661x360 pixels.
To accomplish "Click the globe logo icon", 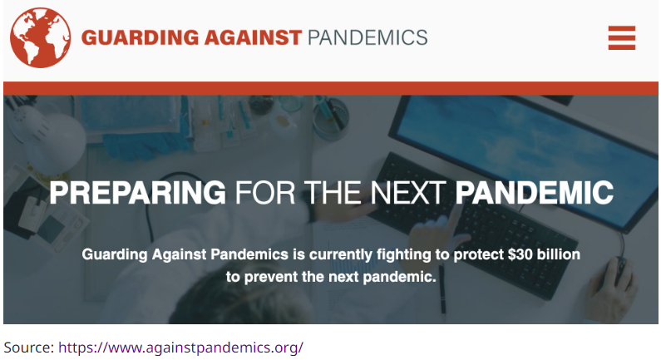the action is coord(41,37).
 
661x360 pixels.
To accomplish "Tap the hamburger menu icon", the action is coord(621,38).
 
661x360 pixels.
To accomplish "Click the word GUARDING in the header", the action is coord(140,37).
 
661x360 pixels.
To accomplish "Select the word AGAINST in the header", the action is coord(253,37).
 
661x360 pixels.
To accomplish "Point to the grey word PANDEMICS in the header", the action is coord(367,37).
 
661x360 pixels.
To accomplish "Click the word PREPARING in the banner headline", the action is coord(137,193).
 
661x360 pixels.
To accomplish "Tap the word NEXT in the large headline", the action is coord(408,193).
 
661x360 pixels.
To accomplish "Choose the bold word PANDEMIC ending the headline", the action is coord(534,193).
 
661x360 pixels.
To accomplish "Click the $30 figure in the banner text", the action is coord(520,254).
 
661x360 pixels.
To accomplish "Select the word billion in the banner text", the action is coord(559,254).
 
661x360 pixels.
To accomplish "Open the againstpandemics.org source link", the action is coord(180,348).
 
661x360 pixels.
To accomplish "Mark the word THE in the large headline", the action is coord(333,193).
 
